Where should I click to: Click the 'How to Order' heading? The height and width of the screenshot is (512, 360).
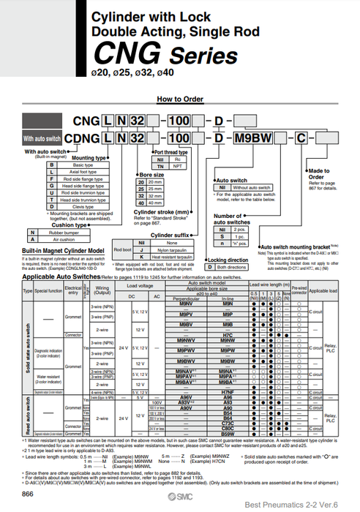(x=179, y=98)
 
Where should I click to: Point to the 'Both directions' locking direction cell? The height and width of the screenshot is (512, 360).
(x=236, y=268)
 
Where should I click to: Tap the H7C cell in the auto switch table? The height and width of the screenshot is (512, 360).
(x=227, y=335)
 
